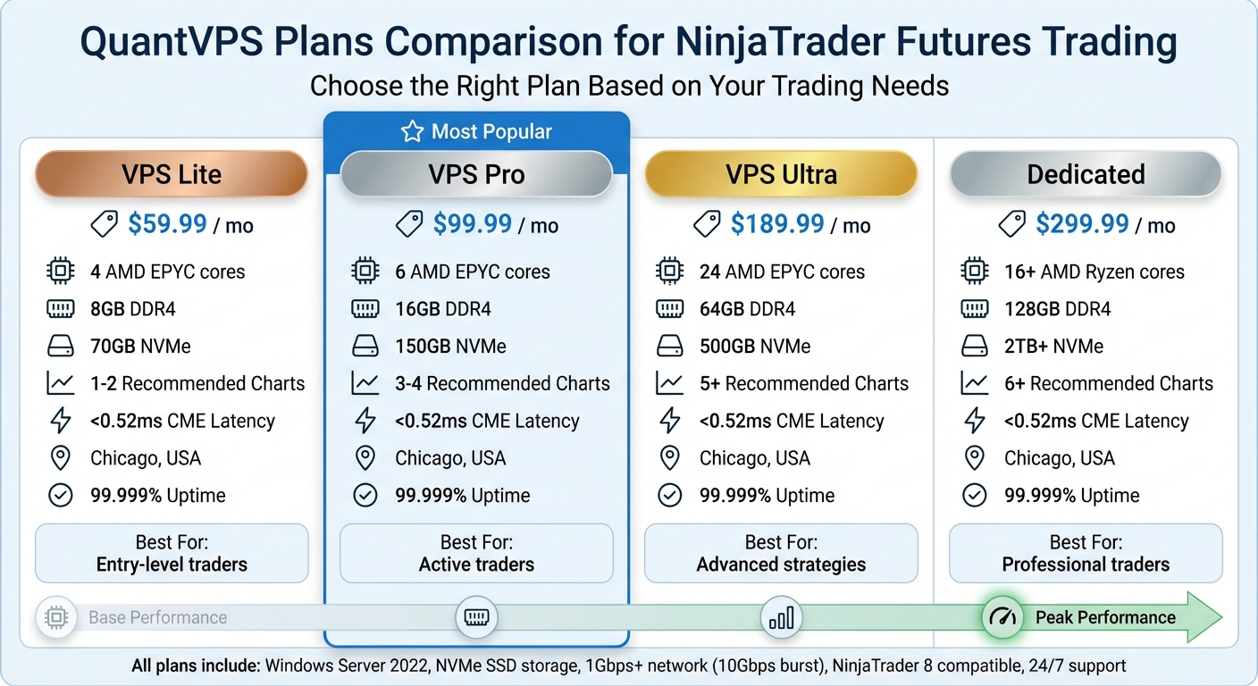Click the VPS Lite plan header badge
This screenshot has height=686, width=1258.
pyautogui.click(x=172, y=174)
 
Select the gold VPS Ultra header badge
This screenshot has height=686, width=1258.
pyautogui.click(x=781, y=174)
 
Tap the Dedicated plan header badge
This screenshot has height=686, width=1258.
pyautogui.click(x=1086, y=174)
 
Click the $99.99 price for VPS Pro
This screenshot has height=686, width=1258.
pyautogui.click(x=474, y=224)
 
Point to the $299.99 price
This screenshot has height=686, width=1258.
pyautogui.click(x=1082, y=224)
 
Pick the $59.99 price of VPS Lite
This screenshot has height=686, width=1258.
pyautogui.click(x=168, y=224)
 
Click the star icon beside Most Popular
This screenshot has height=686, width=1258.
pyautogui.click(x=412, y=132)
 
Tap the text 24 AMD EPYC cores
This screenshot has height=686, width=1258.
pyautogui.click(x=782, y=272)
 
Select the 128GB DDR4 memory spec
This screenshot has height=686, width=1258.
pyautogui.click(x=1057, y=309)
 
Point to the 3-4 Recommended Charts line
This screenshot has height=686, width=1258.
pyautogui.click(x=502, y=384)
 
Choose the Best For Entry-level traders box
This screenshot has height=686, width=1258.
pyautogui.click(x=172, y=553)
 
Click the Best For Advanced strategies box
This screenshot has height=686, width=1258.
pyautogui.click(x=781, y=553)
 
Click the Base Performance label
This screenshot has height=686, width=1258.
pyautogui.click(x=157, y=617)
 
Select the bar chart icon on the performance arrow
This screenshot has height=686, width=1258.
pyautogui.click(x=781, y=617)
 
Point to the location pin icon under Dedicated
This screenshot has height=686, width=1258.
pyautogui.click(x=974, y=458)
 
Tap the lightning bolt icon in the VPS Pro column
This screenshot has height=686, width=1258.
pyautogui.click(x=365, y=421)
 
